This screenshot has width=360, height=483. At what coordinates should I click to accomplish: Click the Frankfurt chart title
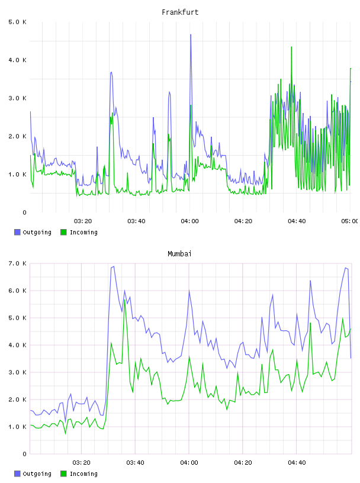[180, 12]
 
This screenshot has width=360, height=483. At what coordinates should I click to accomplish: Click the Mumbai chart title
[179, 254]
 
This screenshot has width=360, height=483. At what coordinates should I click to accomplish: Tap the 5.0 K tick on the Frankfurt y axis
[17, 22]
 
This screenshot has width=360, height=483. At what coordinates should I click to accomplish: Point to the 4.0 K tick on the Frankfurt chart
[17, 60]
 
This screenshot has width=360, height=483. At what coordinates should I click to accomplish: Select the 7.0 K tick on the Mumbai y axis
[17, 263]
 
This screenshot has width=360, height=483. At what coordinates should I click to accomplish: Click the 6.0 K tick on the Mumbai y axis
[17, 291]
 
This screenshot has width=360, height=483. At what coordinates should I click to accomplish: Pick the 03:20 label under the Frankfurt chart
[83, 221]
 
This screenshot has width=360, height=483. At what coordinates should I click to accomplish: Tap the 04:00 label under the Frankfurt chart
[190, 221]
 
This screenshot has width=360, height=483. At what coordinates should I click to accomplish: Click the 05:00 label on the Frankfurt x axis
[350, 221]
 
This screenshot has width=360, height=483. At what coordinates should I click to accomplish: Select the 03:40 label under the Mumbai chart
[136, 463]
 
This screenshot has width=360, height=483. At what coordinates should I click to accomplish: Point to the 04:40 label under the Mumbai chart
[297, 463]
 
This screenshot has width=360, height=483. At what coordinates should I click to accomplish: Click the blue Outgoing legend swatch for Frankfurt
[17, 232]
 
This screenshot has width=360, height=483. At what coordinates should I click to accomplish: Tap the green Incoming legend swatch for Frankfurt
[63, 232]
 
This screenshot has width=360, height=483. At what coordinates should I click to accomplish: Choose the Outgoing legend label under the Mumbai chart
[37, 474]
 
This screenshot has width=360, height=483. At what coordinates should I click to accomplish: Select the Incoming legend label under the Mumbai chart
[83, 474]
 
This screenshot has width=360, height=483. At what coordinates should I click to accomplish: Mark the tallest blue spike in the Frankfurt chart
[191, 35]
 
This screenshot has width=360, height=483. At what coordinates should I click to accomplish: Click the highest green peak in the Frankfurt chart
[291, 47]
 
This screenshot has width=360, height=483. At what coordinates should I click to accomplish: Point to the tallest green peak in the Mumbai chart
[125, 300]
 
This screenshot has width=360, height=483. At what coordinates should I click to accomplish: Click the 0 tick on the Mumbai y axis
[24, 454]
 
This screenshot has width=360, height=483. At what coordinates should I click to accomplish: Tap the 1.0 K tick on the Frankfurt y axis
[17, 175]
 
